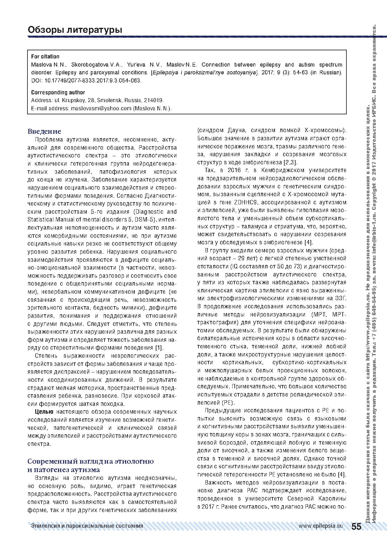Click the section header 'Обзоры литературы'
[x=75, y=30]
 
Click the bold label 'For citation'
[x=45, y=57]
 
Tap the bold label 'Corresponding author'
[x=58, y=92]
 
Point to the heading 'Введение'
[x=44, y=131]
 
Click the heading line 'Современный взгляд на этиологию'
[x=91, y=461]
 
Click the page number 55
[x=356, y=526]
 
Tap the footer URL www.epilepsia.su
[x=321, y=526]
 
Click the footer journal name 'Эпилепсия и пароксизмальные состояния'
[x=87, y=526]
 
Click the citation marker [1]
[x=159, y=347]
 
